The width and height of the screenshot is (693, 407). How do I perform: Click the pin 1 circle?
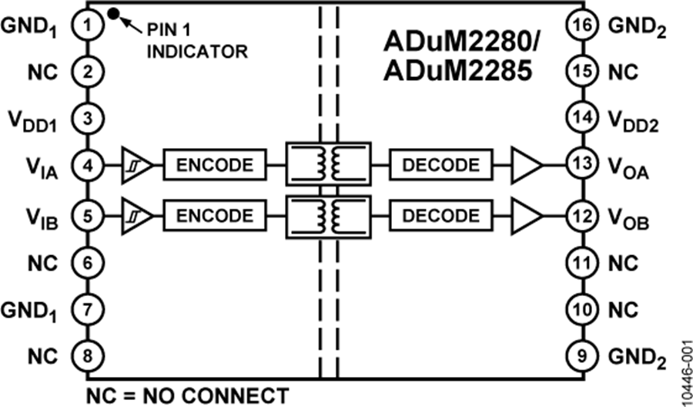click(x=87, y=25)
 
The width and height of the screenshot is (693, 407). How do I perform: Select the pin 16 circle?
click(x=580, y=25)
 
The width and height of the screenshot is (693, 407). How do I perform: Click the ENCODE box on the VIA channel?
click(x=214, y=165)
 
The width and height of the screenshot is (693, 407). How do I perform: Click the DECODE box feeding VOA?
click(x=440, y=165)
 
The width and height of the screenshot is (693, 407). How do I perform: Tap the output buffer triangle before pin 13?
click(x=527, y=165)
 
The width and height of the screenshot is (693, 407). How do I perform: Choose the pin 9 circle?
click(x=580, y=355)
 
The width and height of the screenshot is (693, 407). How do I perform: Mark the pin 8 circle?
click(x=87, y=355)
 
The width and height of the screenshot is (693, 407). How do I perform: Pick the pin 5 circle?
click(x=87, y=215)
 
